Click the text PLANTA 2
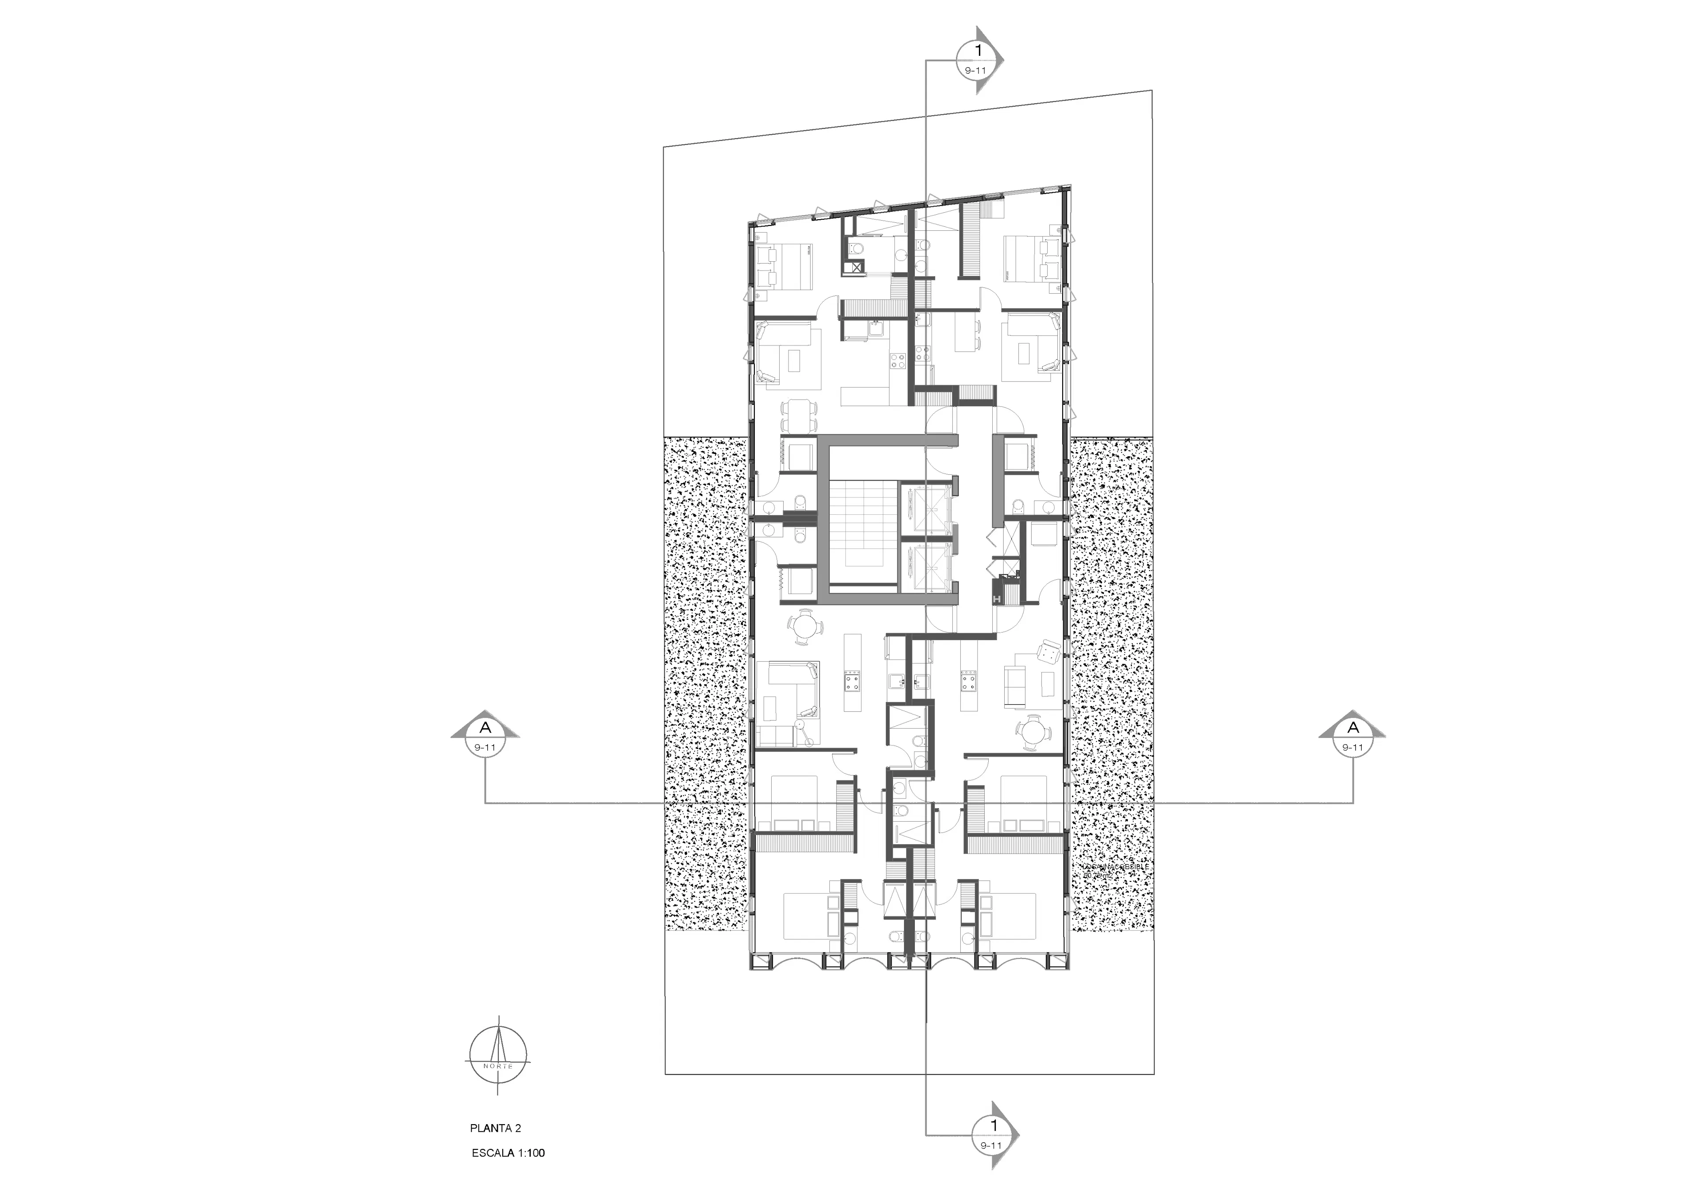[x=495, y=1128]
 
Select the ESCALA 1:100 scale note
[x=508, y=1153]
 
